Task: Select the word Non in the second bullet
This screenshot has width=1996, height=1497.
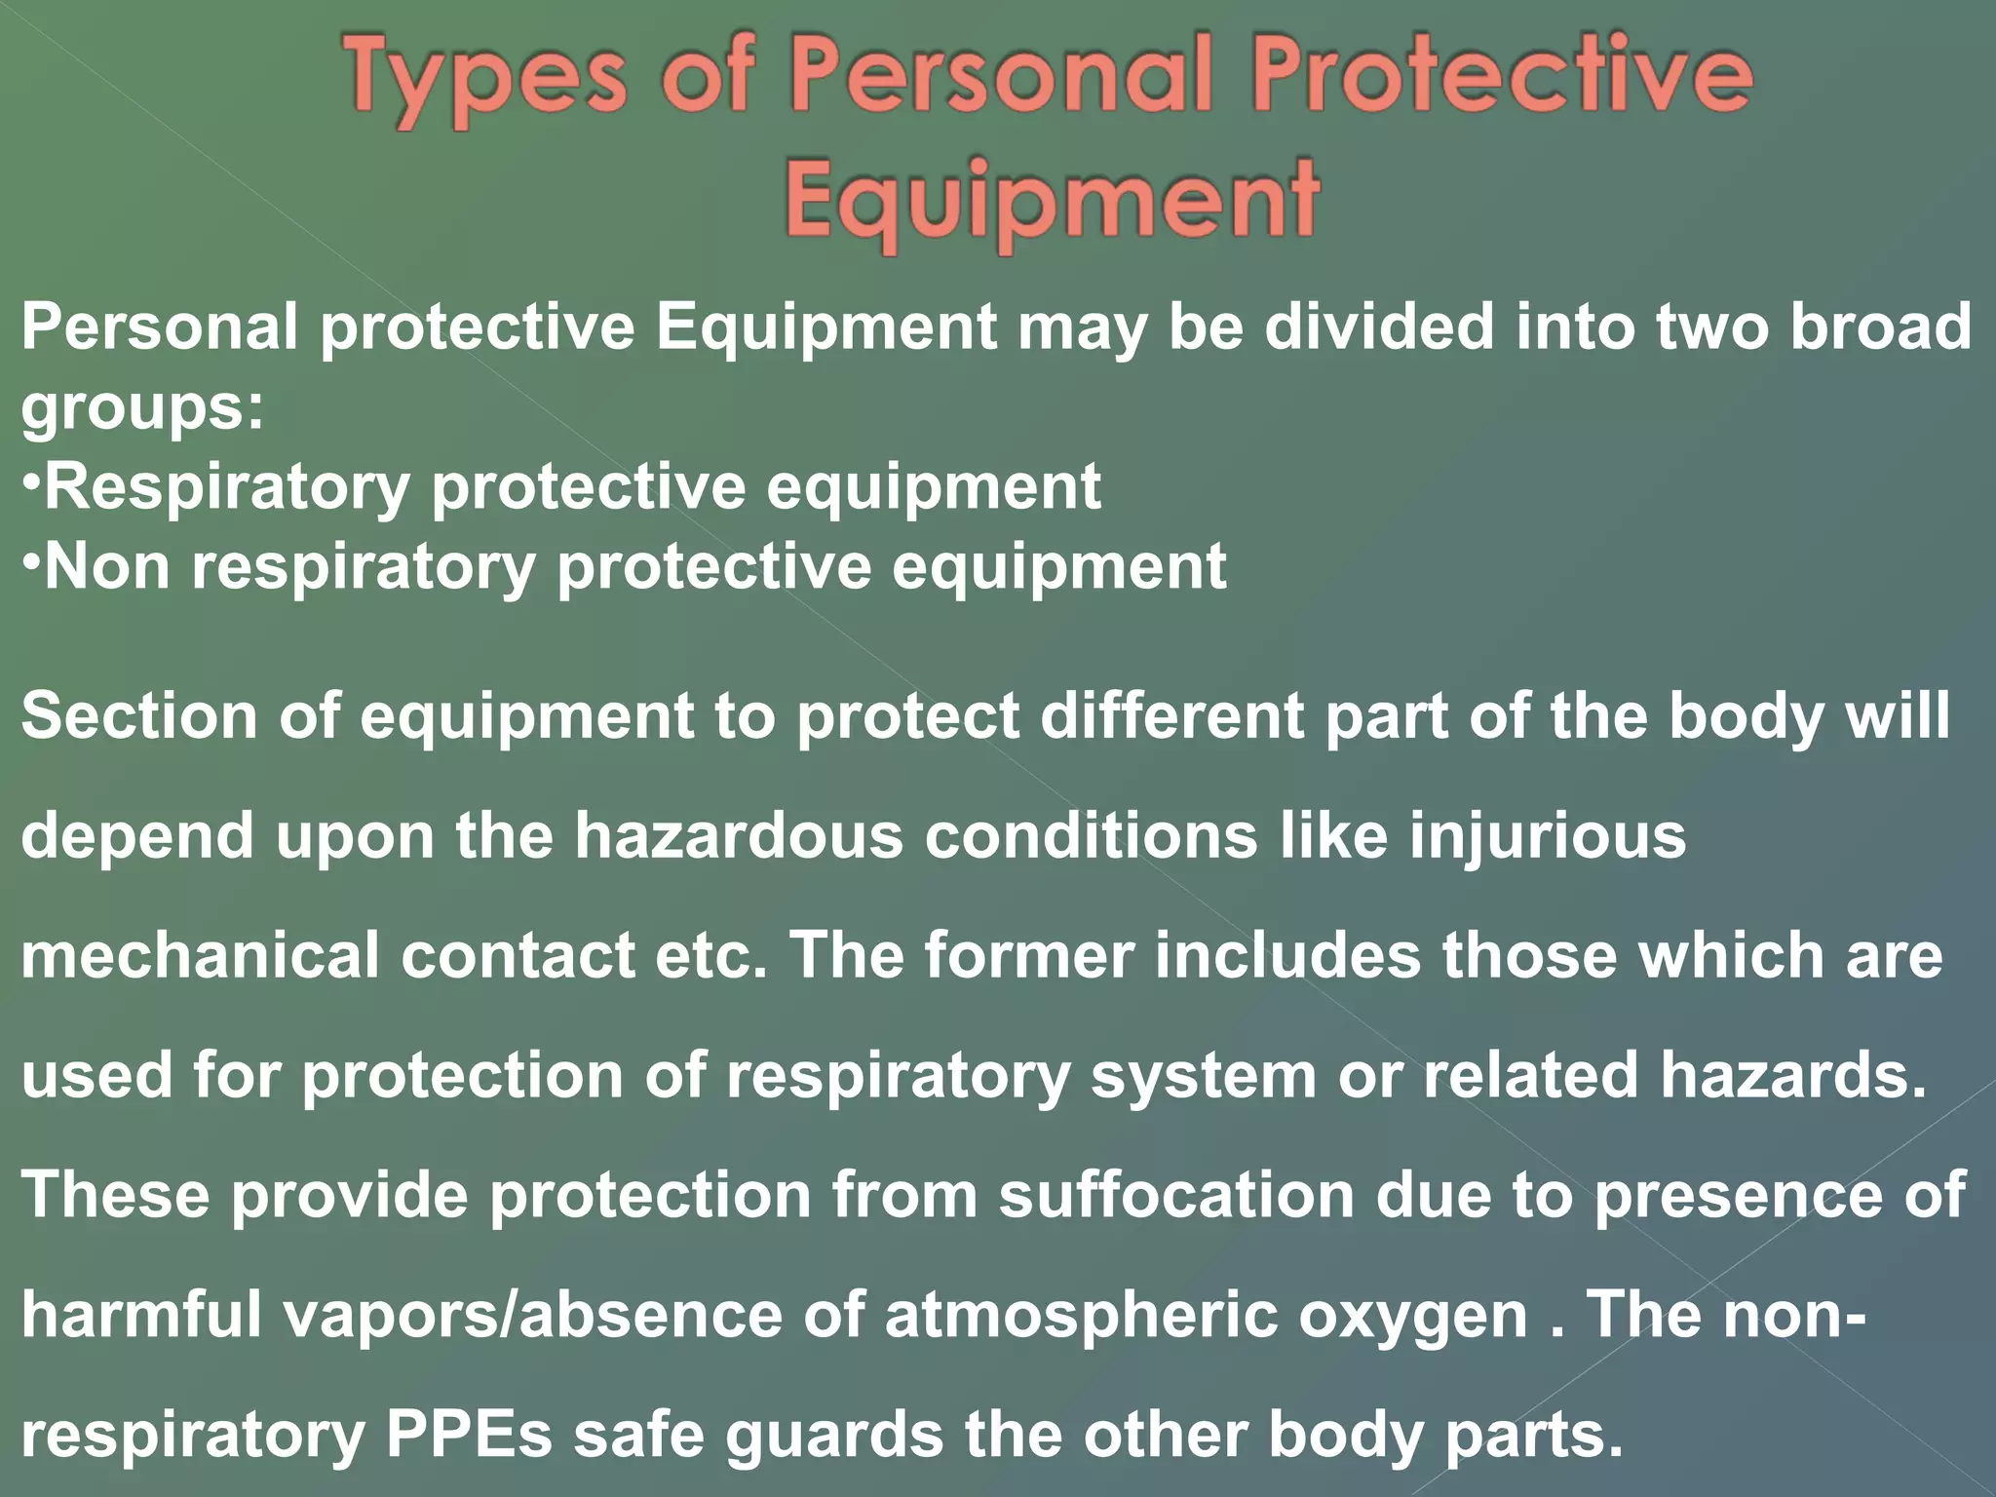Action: pos(107,567)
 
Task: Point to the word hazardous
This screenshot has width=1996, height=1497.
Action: pos(738,836)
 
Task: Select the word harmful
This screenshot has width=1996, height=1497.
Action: pos(141,1315)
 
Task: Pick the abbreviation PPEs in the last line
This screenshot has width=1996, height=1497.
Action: pos(469,1436)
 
